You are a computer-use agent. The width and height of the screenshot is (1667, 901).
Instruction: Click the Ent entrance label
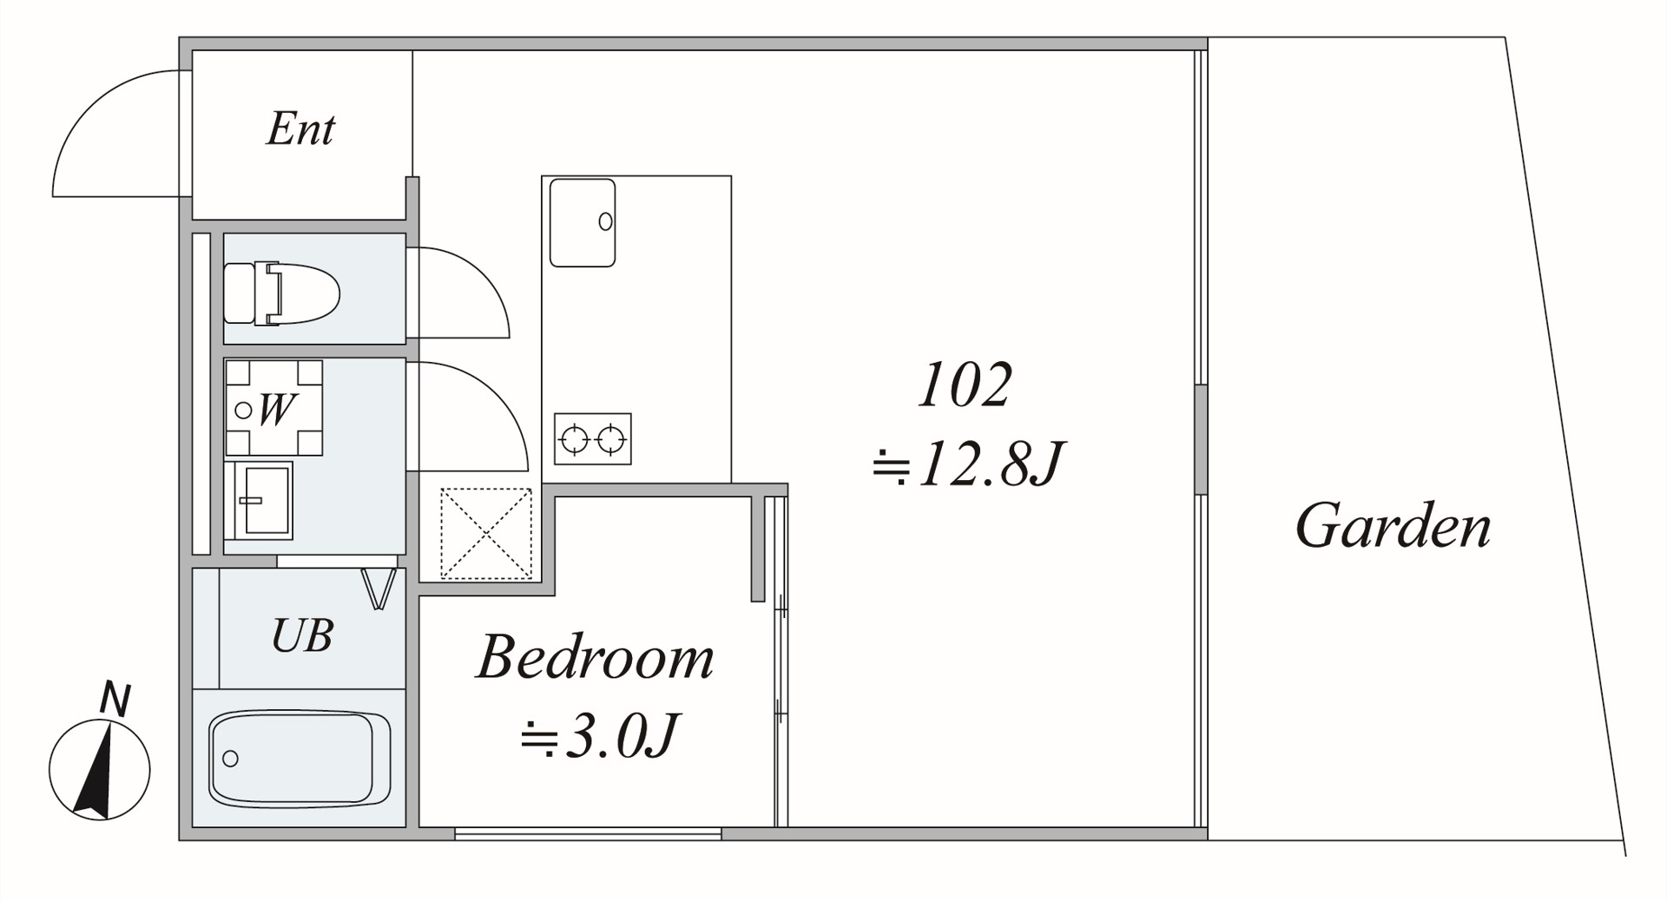(x=300, y=129)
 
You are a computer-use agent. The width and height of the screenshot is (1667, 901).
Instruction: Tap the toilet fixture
(x=281, y=293)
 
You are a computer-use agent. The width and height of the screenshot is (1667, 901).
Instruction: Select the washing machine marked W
(x=273, y=408)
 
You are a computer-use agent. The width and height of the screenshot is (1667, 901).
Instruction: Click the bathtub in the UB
(x=300, y=759)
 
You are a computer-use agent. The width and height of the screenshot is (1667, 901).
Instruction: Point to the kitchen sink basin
(x=583, y=222)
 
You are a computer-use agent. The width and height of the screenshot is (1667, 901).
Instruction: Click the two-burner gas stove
(x=592, y=439)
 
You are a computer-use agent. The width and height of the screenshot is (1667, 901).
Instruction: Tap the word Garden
(x=1393, y=526)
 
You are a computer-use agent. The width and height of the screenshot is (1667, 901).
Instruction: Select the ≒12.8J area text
(x=967, y=464)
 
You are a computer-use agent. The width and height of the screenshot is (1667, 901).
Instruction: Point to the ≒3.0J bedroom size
(x=599, y=737)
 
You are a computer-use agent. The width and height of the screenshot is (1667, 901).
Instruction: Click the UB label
(x=302, y=635)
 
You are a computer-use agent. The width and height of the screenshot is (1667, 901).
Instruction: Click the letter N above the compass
(x=115, y=700)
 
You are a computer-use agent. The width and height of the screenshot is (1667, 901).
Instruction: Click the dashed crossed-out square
(x=486, y=533)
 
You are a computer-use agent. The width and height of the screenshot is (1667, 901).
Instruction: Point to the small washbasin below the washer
(x=259, y=501)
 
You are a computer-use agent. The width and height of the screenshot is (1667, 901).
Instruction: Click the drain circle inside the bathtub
(x=230, y=759)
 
